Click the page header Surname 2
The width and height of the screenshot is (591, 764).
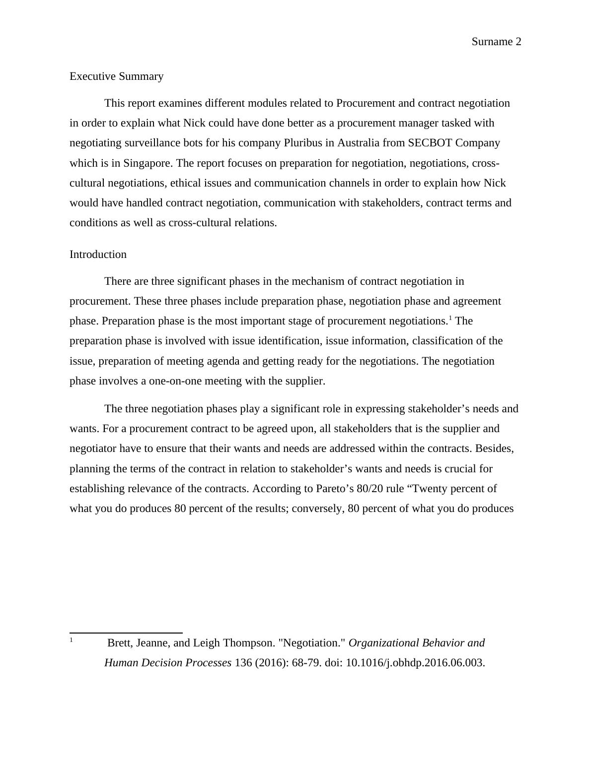pos(496,42)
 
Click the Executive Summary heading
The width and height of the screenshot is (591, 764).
pos(116,76)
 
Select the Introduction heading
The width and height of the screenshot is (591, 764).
pos(98,255)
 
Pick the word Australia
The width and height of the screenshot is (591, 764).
pos(358,143)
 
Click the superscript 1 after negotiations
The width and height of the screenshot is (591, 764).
pos(450,318)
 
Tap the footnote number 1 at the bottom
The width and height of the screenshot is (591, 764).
pos(72,640)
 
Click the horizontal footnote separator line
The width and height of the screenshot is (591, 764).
pos(126,633)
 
